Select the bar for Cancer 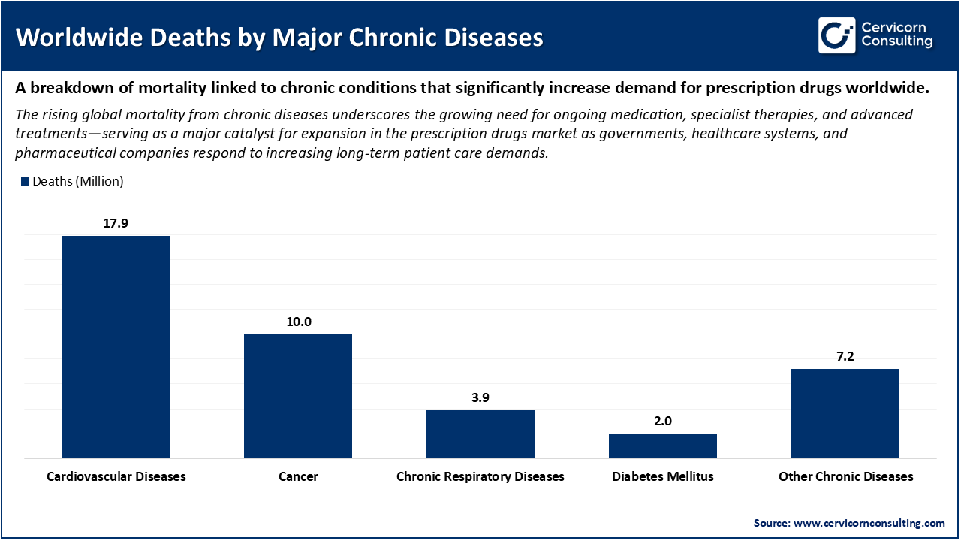coord(298,396)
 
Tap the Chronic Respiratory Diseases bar coord(480,434)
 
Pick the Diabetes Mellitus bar coord(663,446)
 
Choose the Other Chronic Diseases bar coord(845,413)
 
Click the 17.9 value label coord(116,223)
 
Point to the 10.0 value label coord(298,322)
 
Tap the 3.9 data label coord(480,397)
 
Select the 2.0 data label coord(663,421)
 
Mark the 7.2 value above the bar coord(845,356)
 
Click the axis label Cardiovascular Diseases coord(116,476)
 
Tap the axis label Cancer coord(298,476)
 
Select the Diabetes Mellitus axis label coord(663,476)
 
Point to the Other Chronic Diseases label coord(845,476)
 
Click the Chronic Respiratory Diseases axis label coord(480,476)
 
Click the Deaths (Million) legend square coord(25,181)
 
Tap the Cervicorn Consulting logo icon coord(836,35)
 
